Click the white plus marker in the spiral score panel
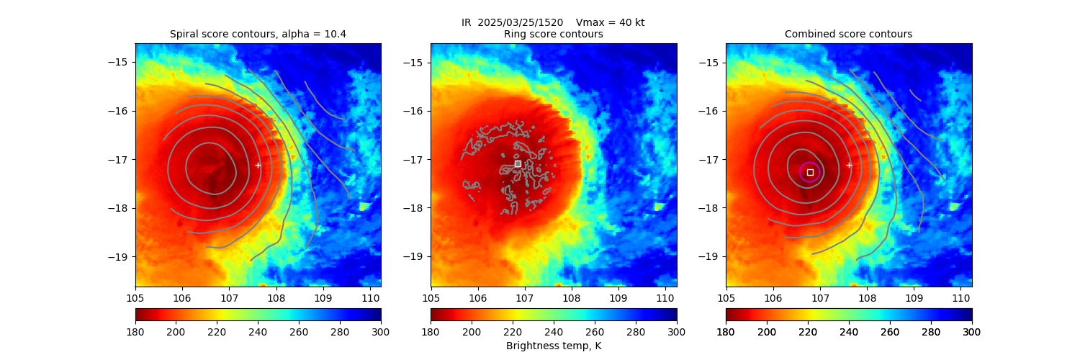click(258, 165)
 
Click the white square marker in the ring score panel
click(518, 164)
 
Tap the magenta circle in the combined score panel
click(810, 172)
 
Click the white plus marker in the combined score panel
click(849, 165)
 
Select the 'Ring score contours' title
click(553, 34)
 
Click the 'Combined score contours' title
click(848, 34)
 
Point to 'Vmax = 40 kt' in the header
click(611, 22)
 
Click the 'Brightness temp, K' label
click(553, 346)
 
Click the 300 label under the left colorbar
click(381, 332)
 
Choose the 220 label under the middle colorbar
click(513, 332)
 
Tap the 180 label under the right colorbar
click(726, 332)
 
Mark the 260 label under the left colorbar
click(299, 332)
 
